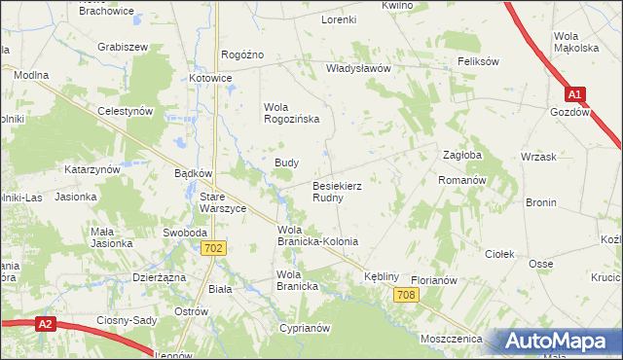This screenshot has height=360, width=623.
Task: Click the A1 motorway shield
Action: [x=576, y=94]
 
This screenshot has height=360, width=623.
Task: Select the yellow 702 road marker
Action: [x=216, y=249]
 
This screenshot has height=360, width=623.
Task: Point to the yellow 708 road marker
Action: [x=407, y=295]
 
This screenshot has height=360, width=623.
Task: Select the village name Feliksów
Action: [x=478, y=61]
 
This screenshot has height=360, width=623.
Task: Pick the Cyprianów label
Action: [x=303, y=329]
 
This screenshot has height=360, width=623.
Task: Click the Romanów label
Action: [x=461, y=181]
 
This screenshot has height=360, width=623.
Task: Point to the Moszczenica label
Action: [x=453, y=338]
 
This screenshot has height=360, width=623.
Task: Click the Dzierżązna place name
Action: [x=159, y=276]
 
